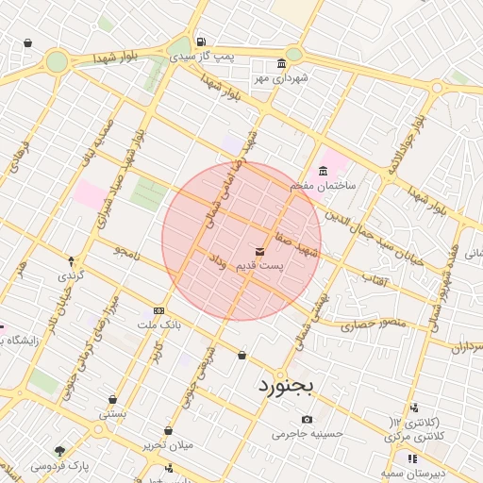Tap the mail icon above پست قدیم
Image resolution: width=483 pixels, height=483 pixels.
(260, 252)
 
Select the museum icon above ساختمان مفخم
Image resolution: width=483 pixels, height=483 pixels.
(324, 171)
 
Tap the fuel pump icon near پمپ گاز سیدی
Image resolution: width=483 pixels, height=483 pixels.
(201, 42)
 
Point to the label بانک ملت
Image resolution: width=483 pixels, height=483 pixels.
(158, 325)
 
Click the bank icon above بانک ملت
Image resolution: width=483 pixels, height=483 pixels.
(158, 310)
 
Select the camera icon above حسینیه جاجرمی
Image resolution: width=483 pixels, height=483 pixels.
(307, 419)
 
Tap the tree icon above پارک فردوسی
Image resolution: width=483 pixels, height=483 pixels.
(60, 451)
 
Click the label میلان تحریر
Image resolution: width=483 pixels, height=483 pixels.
(167, 444)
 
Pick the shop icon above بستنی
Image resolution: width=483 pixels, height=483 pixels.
(112, 400)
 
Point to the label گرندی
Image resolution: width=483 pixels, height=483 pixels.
(72, 276)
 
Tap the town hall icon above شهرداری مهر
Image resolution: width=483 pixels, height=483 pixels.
(259, 65)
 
